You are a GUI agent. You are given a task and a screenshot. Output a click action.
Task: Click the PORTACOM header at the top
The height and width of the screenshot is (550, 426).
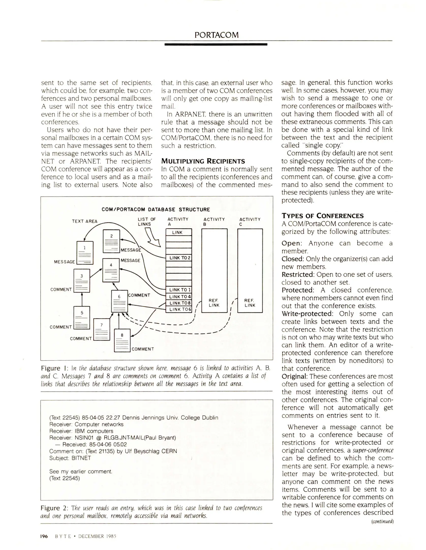pos(217,35)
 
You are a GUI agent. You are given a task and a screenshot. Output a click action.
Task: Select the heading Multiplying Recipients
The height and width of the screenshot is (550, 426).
pos(203,161)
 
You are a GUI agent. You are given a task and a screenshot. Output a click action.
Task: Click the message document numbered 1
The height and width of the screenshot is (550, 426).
pos(85,253)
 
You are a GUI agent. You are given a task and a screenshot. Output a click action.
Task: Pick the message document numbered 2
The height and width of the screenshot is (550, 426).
pos(111,241)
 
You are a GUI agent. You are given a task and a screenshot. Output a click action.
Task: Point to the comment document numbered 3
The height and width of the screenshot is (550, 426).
pos(82,281)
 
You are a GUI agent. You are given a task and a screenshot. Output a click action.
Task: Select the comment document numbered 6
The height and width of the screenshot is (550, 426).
pos(119,301)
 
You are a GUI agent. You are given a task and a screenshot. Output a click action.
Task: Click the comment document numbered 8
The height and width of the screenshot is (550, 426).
pos(122,340)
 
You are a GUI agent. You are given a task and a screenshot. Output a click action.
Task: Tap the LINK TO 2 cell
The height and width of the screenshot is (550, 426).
pos(178,258)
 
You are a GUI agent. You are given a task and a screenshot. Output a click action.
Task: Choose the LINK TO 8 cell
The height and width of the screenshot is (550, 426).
pos(178,303)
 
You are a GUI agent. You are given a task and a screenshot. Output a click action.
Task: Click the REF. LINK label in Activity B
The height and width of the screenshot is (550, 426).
pos(214,303)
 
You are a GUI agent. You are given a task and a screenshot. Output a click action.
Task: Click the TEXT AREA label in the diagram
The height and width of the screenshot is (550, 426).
pos(85,221)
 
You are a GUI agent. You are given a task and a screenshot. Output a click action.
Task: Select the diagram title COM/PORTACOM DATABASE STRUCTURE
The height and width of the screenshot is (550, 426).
pos(156,210)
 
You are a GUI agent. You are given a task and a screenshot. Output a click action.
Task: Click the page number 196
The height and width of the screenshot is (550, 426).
pos(44,536)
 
